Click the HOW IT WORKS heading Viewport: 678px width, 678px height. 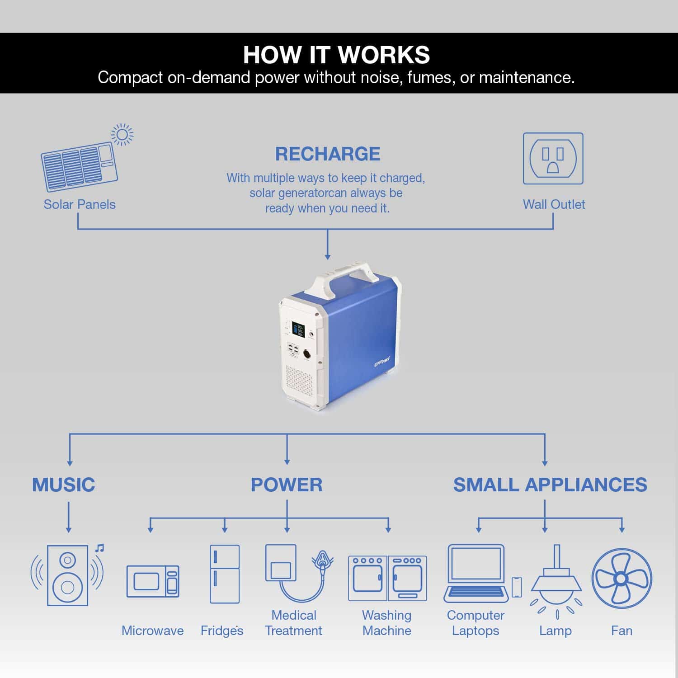point(336,55)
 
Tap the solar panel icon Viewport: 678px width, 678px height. point(80,166)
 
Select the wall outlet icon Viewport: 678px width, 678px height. point(553,159)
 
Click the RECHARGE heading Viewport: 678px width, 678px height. point(328,154)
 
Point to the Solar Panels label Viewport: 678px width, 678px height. point(80,204)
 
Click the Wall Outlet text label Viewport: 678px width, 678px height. point(554,204)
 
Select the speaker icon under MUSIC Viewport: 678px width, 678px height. point(67,575)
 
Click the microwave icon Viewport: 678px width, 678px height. point(153,581)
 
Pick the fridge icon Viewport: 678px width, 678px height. point(225,574)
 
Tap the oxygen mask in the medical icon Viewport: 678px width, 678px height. point(322,561)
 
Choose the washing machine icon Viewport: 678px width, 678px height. point(387,578)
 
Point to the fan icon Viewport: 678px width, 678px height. point(622,579)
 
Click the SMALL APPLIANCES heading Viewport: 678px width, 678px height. point(550,485)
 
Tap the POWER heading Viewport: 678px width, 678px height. point(287,485)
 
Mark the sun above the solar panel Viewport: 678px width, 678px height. point(122,135)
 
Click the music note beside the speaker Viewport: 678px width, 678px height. point(100,548)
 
